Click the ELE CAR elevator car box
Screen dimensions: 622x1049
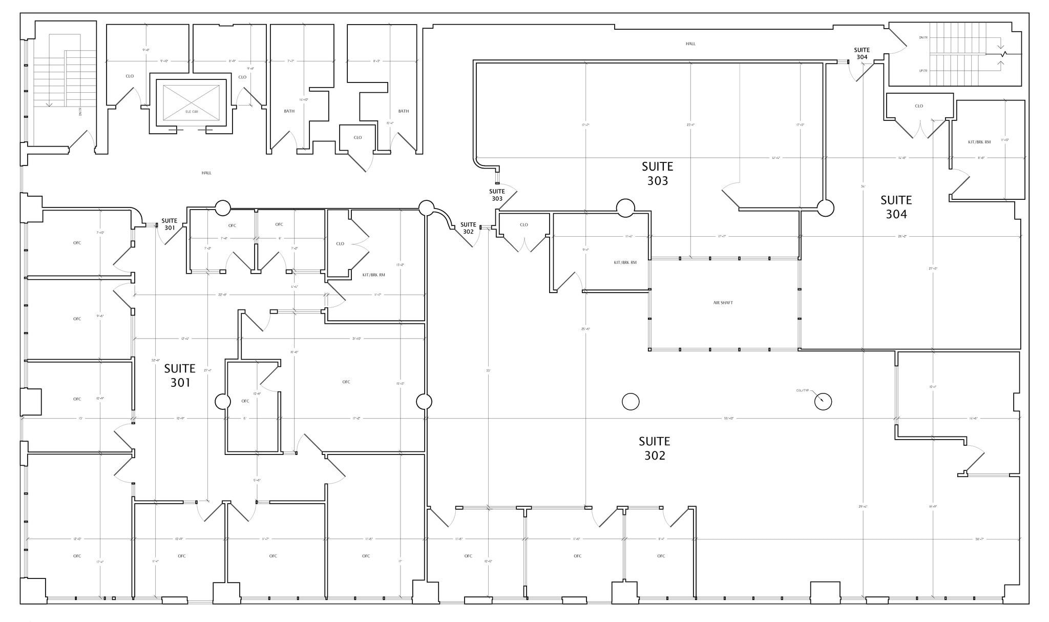191,103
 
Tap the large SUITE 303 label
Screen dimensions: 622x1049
657,174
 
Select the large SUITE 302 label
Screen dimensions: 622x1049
654,448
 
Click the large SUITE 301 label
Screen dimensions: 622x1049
180,376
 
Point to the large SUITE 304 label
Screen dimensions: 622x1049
896,207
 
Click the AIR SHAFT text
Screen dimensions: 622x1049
723,303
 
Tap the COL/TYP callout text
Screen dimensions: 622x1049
802,390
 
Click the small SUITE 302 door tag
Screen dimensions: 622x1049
468,228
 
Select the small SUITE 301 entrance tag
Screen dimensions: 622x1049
170,224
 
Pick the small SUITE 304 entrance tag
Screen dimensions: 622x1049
862,53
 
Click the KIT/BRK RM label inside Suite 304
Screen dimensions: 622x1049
979,142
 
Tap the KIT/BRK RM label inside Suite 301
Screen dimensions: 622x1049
373,275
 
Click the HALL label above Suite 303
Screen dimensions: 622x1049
690,44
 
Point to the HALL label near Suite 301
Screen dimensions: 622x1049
206,173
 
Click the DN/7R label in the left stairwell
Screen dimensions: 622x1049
80,111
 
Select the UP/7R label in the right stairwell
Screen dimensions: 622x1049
924,71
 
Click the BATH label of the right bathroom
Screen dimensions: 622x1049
403,111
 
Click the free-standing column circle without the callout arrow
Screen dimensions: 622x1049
631,402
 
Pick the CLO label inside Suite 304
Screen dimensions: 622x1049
918,106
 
